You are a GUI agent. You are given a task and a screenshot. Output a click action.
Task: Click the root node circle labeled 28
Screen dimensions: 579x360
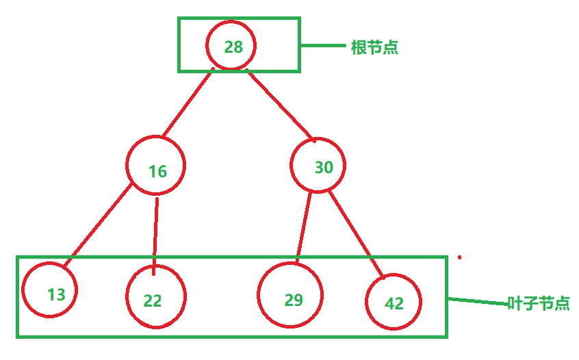pos(231,46)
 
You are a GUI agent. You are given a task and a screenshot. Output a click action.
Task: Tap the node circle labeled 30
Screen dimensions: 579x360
pos(318,166)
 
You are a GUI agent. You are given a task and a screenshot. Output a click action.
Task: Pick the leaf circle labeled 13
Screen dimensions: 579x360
pos(49,290)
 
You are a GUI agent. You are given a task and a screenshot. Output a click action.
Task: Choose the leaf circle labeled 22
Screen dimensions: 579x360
pos(156,297)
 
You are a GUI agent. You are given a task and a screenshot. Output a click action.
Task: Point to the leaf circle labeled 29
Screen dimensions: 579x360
pos(290,296)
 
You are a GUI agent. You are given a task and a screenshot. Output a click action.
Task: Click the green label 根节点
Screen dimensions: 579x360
pos(374,48)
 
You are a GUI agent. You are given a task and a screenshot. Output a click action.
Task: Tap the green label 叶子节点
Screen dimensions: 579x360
pos(539,303)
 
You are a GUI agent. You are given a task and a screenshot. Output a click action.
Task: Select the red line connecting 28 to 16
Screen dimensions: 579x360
pos(187,103)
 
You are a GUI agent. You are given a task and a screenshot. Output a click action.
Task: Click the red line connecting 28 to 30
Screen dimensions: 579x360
pos(281,105)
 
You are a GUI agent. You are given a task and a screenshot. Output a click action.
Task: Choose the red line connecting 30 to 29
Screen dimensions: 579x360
pos(303,226)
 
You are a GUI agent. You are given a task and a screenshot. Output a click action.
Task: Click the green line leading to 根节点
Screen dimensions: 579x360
pos(323,46)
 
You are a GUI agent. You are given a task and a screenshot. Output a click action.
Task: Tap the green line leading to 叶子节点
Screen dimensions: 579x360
pos(477,300)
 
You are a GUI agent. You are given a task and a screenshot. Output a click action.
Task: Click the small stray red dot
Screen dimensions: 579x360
pos(459,258)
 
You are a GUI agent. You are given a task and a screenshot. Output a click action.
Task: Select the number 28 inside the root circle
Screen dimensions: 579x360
pos(233,47)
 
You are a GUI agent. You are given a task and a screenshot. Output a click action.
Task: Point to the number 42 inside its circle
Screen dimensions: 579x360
pos(394,303)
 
